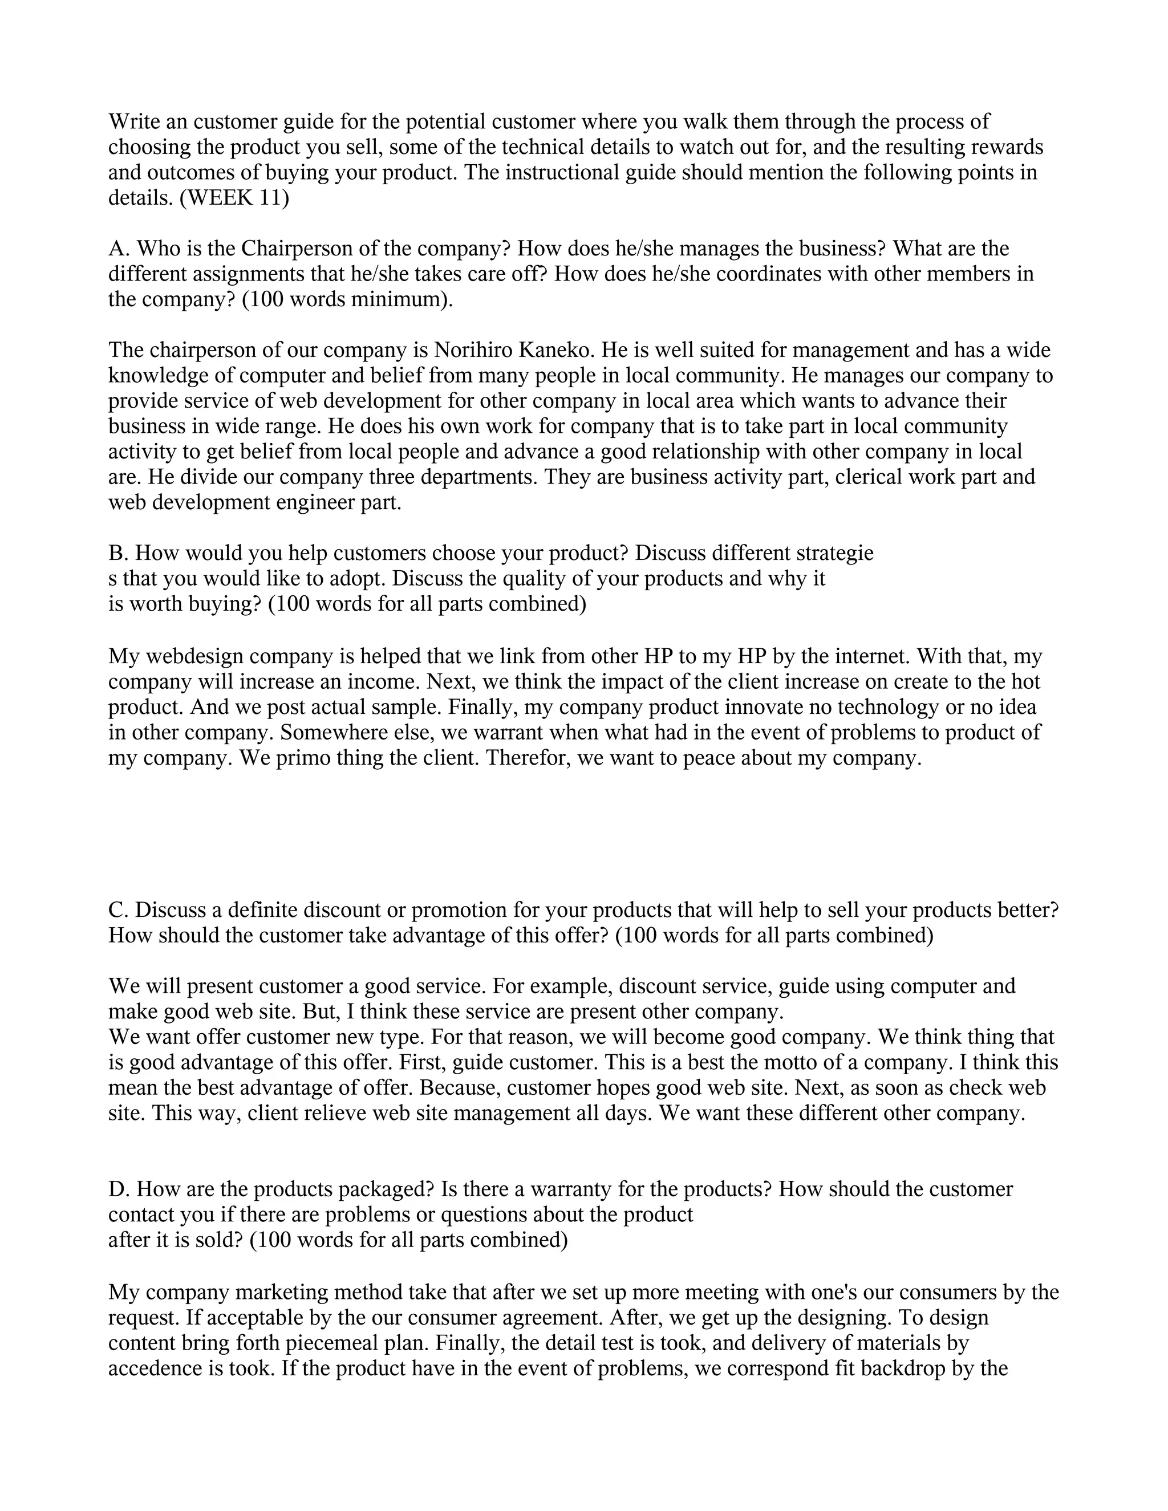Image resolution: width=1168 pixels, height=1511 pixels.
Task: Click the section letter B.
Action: [x=116, y=554]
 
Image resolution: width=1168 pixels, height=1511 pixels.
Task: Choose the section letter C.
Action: [x=116, y=910]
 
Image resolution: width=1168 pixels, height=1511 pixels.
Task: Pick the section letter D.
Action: [x=116, y=1189]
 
